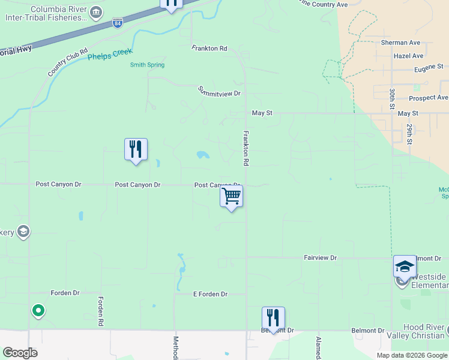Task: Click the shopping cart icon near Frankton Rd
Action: click(x=232, y=196)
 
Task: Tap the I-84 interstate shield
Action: click(x=118, y=23)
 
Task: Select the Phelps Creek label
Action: click(x=109, y=56)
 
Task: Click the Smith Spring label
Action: click(x=147, y=65)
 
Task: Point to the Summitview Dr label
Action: click(x=219, y=92)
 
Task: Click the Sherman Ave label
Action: click(x=400, y=43)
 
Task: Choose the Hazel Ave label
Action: click(x=409, y=56)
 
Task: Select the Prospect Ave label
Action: click(x=428, y=98)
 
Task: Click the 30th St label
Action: click(x=392, y=97)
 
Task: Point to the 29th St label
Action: click(x=409, y=134)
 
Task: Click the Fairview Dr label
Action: click(x=320, y=258)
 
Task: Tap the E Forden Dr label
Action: click(x=210, y=295)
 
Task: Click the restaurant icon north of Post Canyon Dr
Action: click(x=136, y=149)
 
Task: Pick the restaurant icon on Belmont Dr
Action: click(x=273, y=317)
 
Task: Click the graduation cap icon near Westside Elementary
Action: click(x=405, y=266)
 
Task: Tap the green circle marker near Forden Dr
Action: click(x=38, y=310)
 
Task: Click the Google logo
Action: click(x=20, y=353)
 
